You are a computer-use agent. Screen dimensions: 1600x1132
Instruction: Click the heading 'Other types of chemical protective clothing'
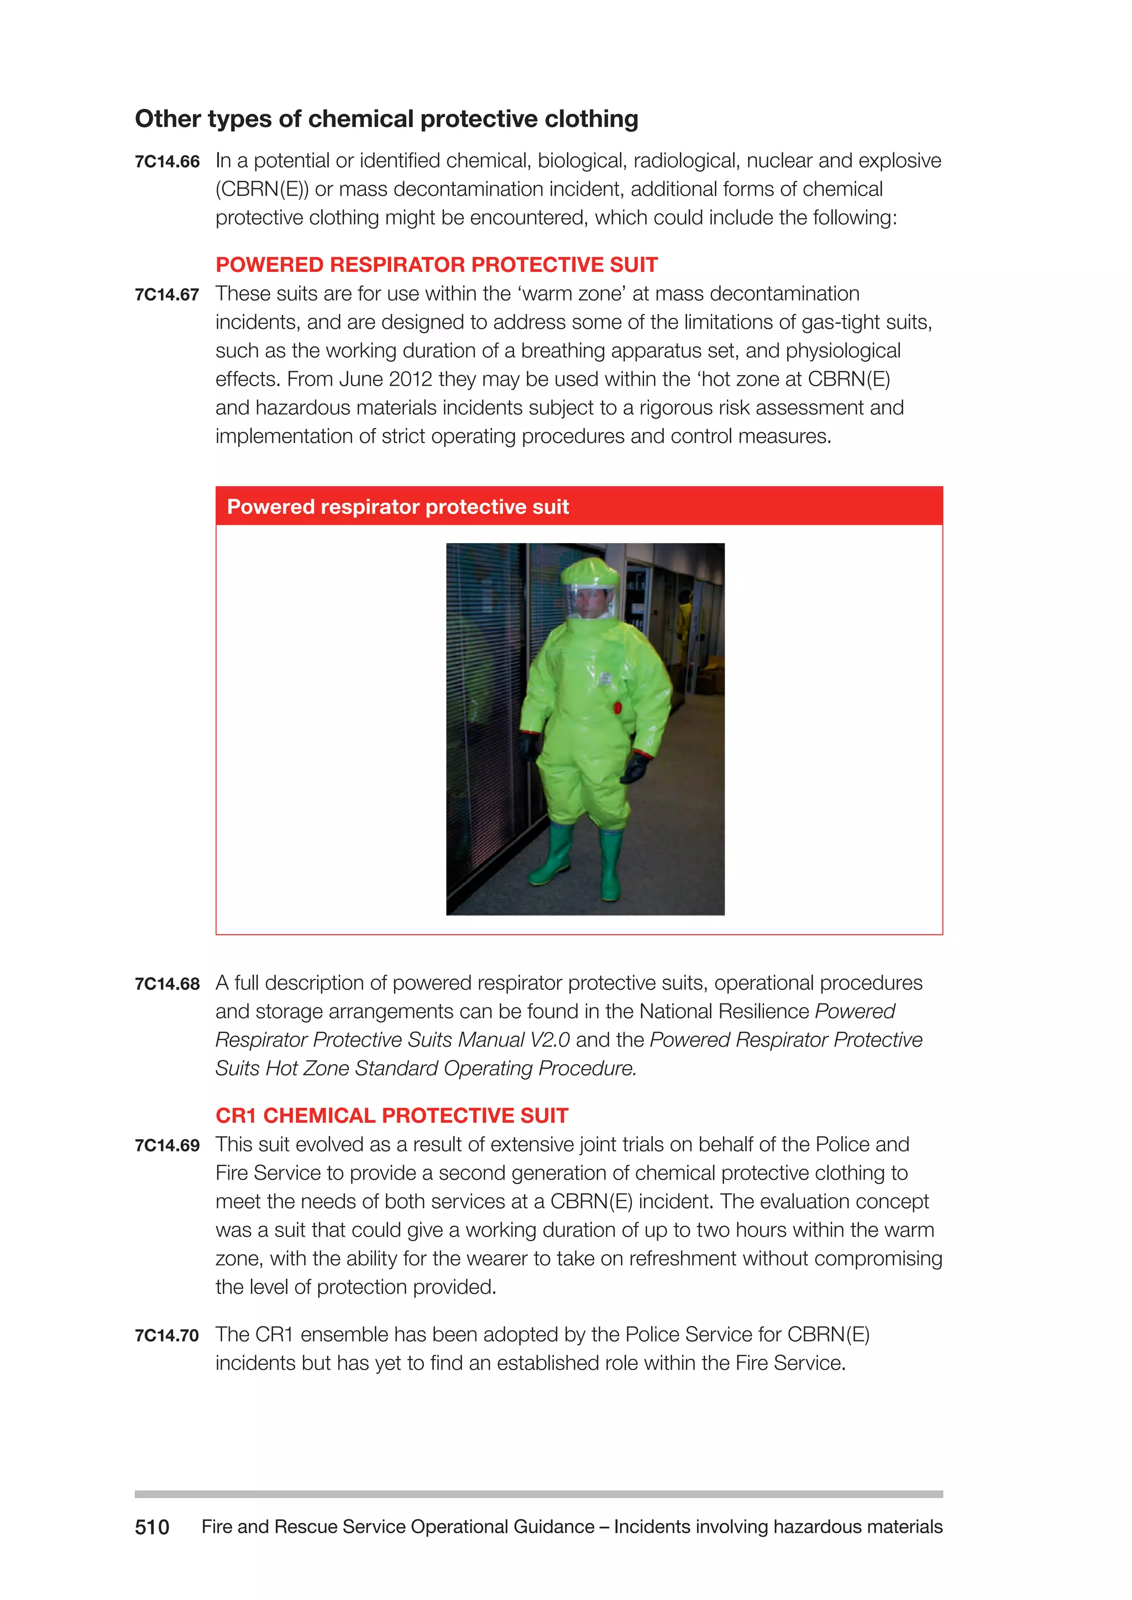point(386,119)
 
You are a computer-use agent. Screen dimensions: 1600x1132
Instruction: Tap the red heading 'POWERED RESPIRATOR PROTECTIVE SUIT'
point(436,265)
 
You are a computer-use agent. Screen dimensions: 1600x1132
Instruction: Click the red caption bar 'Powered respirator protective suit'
point(579,507)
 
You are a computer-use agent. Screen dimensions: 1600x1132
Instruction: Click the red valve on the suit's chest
point(617,708)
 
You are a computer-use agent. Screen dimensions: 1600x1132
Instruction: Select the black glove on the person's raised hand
point(635,769)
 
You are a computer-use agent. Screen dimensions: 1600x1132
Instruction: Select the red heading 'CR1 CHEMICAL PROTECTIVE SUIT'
point(392,1115)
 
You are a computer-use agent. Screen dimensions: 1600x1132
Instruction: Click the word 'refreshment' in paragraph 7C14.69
point(687,1259)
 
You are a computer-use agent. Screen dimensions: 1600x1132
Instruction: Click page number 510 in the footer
point(152,1528)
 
